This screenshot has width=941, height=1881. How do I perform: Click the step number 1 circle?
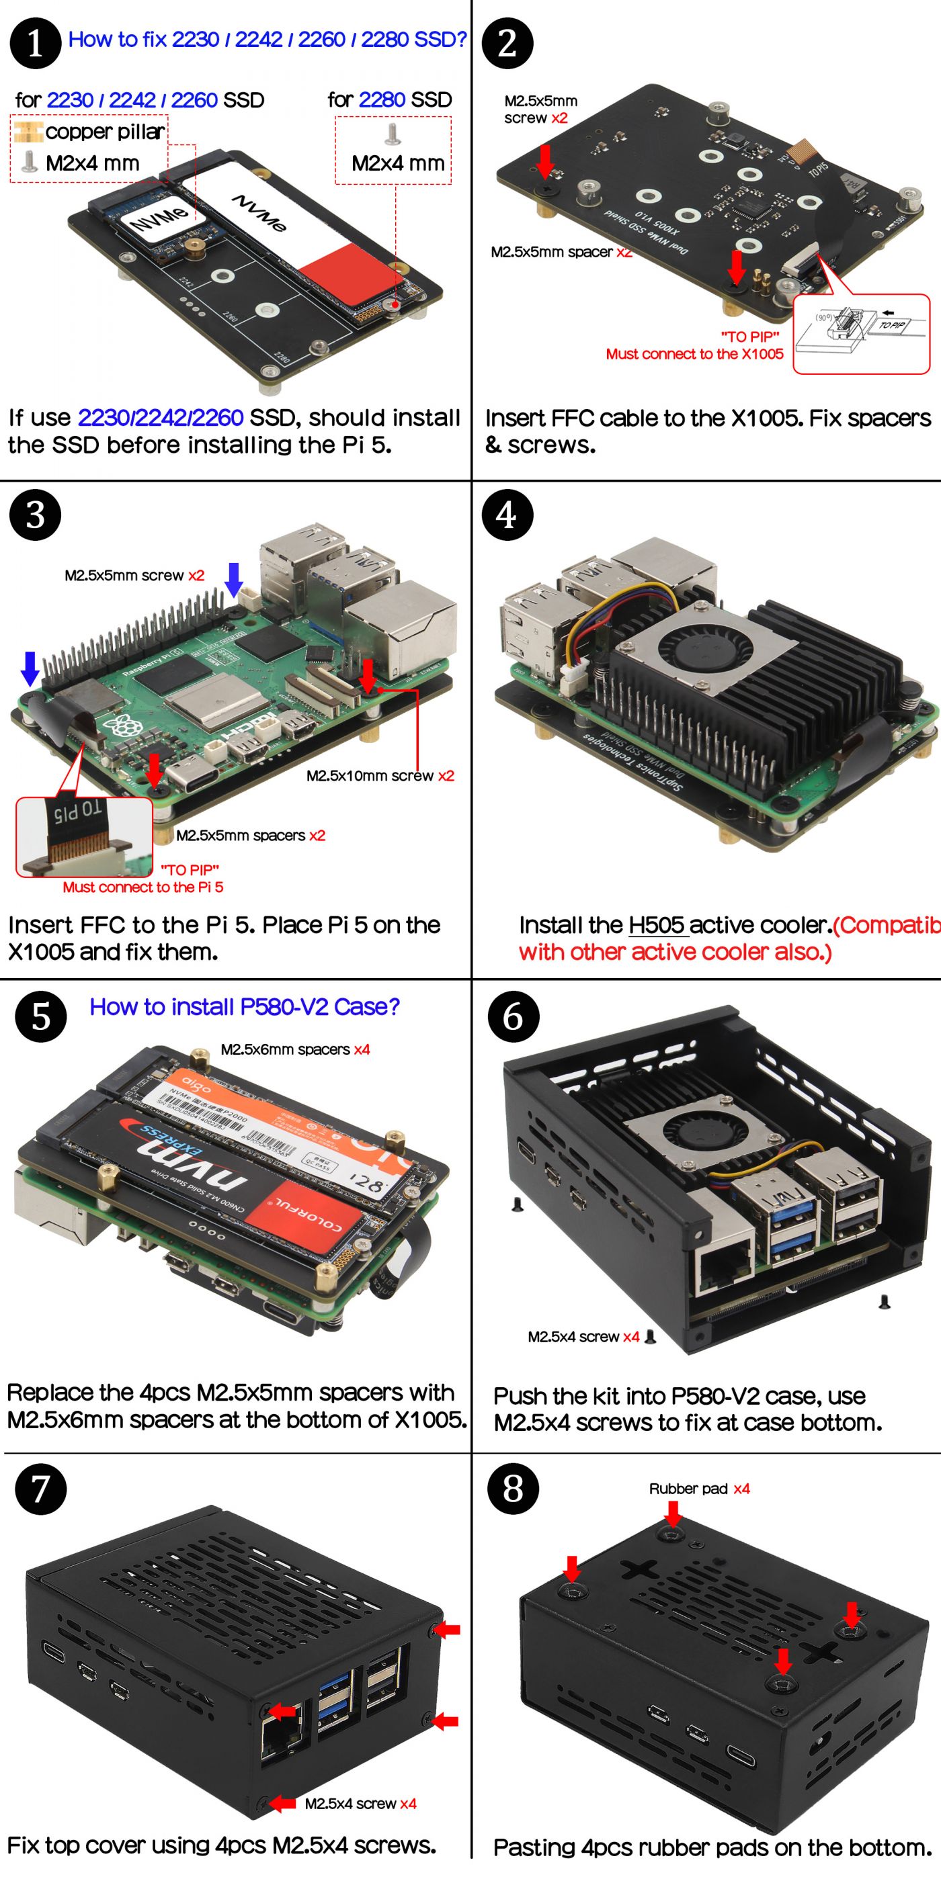(35, 43)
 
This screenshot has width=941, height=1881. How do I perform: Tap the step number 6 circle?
(513, 1016)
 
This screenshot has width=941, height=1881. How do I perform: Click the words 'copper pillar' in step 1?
(104, 132)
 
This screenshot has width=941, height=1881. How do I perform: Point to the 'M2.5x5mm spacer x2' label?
(561, 252)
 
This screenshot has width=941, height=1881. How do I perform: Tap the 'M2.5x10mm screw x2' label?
(380, 775)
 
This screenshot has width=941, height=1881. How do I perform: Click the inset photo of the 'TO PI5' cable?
(84, 837)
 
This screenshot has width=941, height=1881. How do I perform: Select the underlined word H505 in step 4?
(657, 925)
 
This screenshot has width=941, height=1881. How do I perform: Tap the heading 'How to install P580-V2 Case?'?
(244, 1007)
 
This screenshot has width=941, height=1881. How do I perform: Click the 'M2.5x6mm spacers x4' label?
(295, 1049)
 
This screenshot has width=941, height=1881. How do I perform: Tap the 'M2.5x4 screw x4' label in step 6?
(583, 1337)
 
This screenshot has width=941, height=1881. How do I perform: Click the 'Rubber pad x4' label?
(699, 1489)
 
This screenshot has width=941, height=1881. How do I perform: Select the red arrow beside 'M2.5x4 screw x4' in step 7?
(282, 1804)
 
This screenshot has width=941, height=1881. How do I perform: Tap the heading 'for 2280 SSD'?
(389, 100)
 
